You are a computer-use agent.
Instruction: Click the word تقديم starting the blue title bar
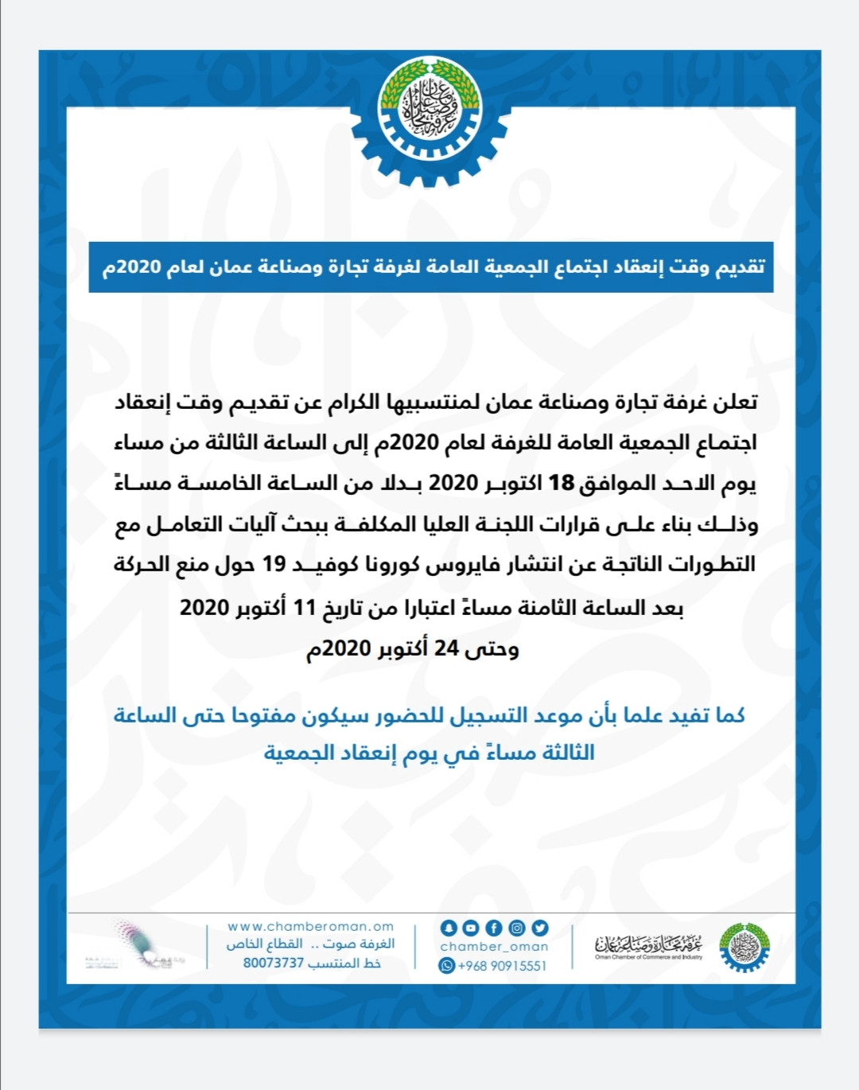pos(741,267)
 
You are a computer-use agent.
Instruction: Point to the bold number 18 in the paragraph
pos(562,483)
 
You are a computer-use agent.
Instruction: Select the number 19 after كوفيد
pos(274,564)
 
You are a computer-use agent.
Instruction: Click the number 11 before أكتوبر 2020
pos(305,608)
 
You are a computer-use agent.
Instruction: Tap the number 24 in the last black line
pos(446,648)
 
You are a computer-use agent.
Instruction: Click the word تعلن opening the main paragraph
pos(736,402)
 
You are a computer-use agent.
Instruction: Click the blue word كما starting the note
pos(730,715)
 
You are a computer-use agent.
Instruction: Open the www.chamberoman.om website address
pos(311,926)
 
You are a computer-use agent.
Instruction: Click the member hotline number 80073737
pos(274,963)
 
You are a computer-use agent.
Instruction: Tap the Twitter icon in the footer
pos(540,928)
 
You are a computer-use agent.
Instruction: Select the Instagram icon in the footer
pos(517,928)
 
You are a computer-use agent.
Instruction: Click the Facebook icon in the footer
pos(494,928)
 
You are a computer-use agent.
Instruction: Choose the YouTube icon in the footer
pos(471,928)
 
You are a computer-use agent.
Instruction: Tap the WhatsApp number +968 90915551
pos(502,965)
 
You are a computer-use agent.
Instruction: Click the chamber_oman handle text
pos(494,947)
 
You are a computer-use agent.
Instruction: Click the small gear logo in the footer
pos(744,947)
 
